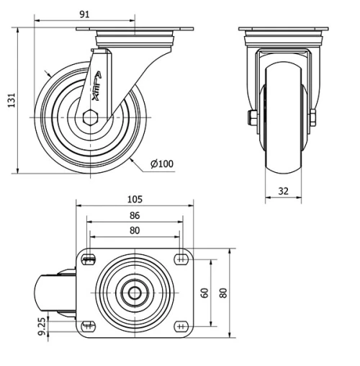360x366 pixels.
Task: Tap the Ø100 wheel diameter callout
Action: pyautogui.click(x=162, y=164)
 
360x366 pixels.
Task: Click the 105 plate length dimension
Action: pyautogui.click(x=135, y=199)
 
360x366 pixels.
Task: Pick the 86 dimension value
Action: pyautogui.click(x=135, y=215)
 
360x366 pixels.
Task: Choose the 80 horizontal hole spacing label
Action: pyautogui.click(x=135, y=231)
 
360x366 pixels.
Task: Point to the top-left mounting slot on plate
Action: pyautogui.click(x=89, y=260)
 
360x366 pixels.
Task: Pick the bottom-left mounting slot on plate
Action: pyautogui.click(x=89, y=325)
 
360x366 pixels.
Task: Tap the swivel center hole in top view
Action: pyautogui.click(x=134, y=293)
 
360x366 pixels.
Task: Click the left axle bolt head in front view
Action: pyautogui.click(x=254, y=117)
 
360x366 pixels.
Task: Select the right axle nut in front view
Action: pyautogui.click(x=313, y=117)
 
